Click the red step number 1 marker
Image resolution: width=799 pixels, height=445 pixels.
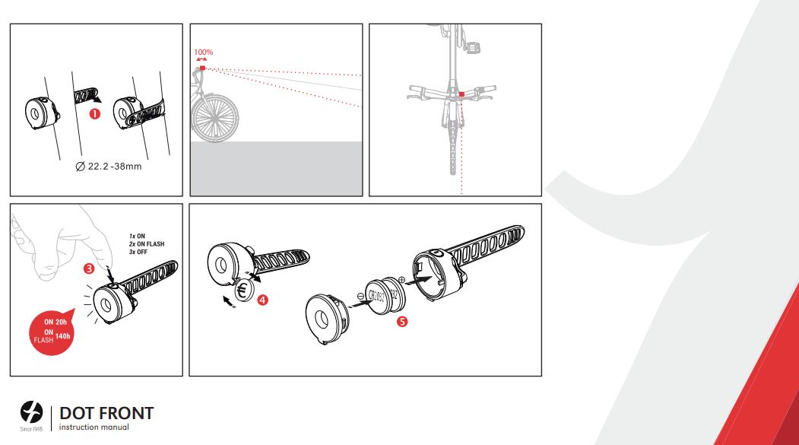coord(94,114)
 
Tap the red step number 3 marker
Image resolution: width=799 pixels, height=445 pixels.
coord(89,268)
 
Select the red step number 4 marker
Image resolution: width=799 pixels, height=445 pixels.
coord(262,300)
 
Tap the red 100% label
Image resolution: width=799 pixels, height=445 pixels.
coord(203,52)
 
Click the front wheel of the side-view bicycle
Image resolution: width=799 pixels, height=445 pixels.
coord(214,118)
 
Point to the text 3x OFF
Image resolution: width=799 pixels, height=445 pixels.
coord(138,252)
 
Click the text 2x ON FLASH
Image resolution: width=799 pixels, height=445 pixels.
coord(147,243)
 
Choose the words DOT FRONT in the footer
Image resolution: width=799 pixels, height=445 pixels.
coord(106,413)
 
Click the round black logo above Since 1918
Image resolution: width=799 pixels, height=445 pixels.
coord(31,412)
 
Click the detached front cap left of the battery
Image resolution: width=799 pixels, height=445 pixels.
coord(325,319)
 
